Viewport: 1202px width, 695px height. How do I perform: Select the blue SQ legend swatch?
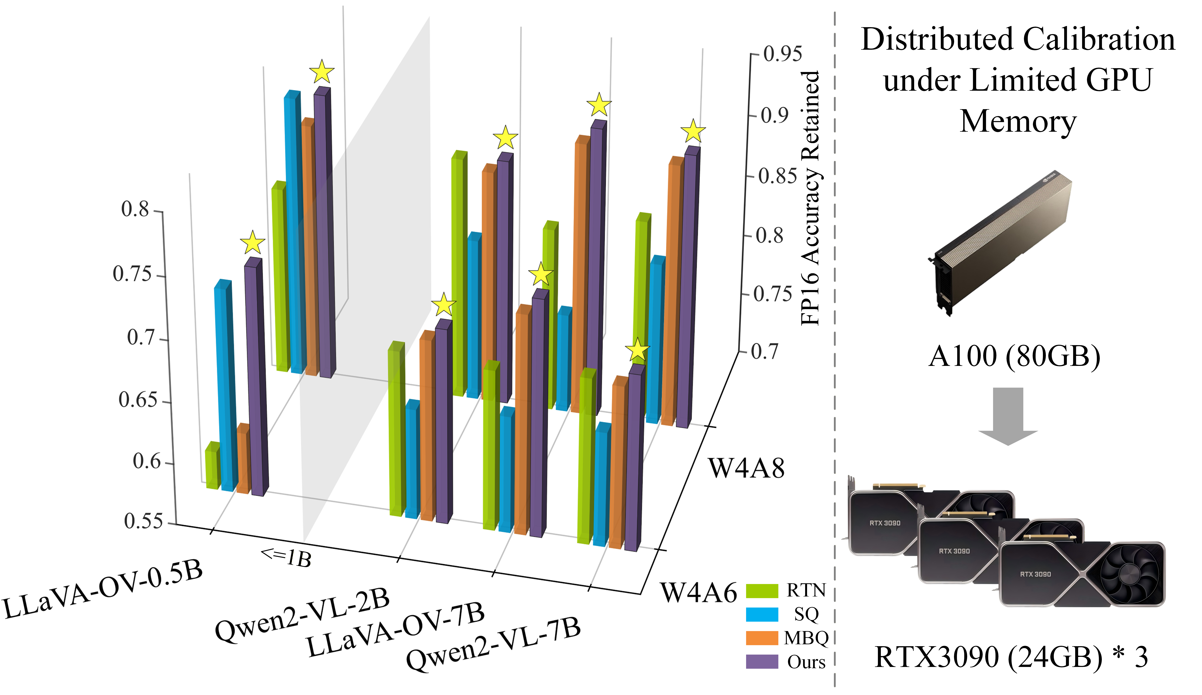coord(762,614)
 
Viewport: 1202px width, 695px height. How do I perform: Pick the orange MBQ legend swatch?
coord(762,638)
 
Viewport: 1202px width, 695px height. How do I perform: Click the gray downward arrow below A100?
coord(1008,415)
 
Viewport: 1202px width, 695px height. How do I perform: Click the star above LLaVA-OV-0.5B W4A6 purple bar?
coord(252,242)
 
